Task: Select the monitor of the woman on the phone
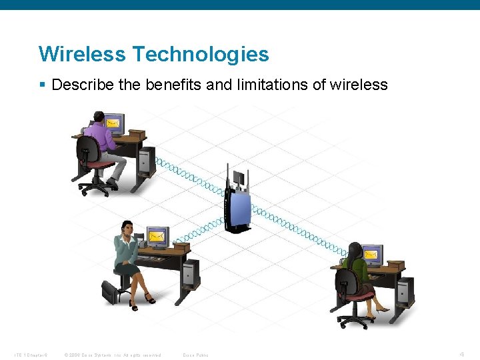click(157, 236)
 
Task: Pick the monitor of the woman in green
click(372, 254)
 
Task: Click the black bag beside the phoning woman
click(109, 291)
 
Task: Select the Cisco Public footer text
click(195, 355)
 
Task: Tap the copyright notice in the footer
click(111, 355)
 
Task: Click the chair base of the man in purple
click(95, 187)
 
